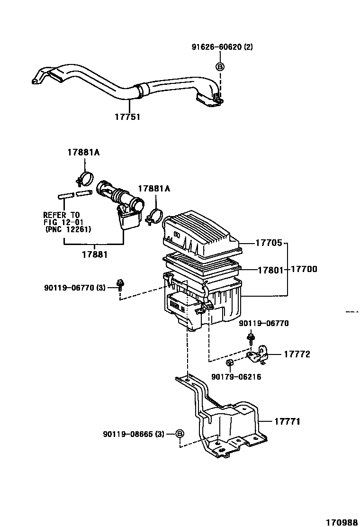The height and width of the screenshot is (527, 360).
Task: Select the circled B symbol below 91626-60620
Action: pyautogui.click(x=220, y=67)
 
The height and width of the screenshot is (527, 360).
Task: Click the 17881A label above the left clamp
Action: pyautogui.click(x=83, y=153)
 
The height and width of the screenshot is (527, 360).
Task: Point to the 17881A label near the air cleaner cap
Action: pyautogui.click(x=154, y=189)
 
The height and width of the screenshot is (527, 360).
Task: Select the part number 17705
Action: pyautogui.click(x=269, y=243)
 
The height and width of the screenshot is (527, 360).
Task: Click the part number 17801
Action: pyautogui.click(x=270, y=270)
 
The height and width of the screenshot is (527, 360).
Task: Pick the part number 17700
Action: pyautogui.click(x=304, y=269)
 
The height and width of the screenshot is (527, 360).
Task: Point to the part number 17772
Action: pyautogui.click(x=297, y=354)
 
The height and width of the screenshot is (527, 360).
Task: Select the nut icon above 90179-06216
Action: pyautogui.click(x=229, y=364)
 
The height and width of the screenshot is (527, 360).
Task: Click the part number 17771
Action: pyautogui.click(x=287, y=421)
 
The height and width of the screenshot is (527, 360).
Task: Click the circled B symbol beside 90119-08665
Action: pyautogui.click(x=180, y=434)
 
